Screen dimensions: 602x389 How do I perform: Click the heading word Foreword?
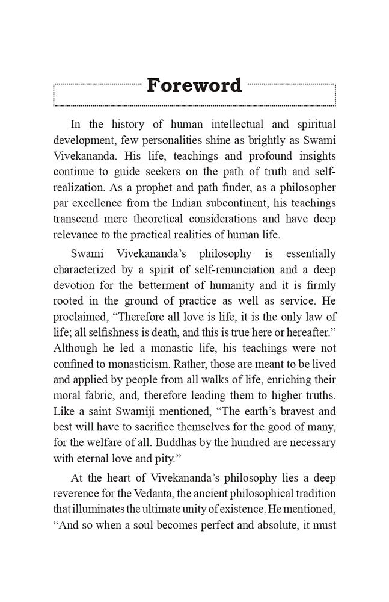click(x=194, y=85)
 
